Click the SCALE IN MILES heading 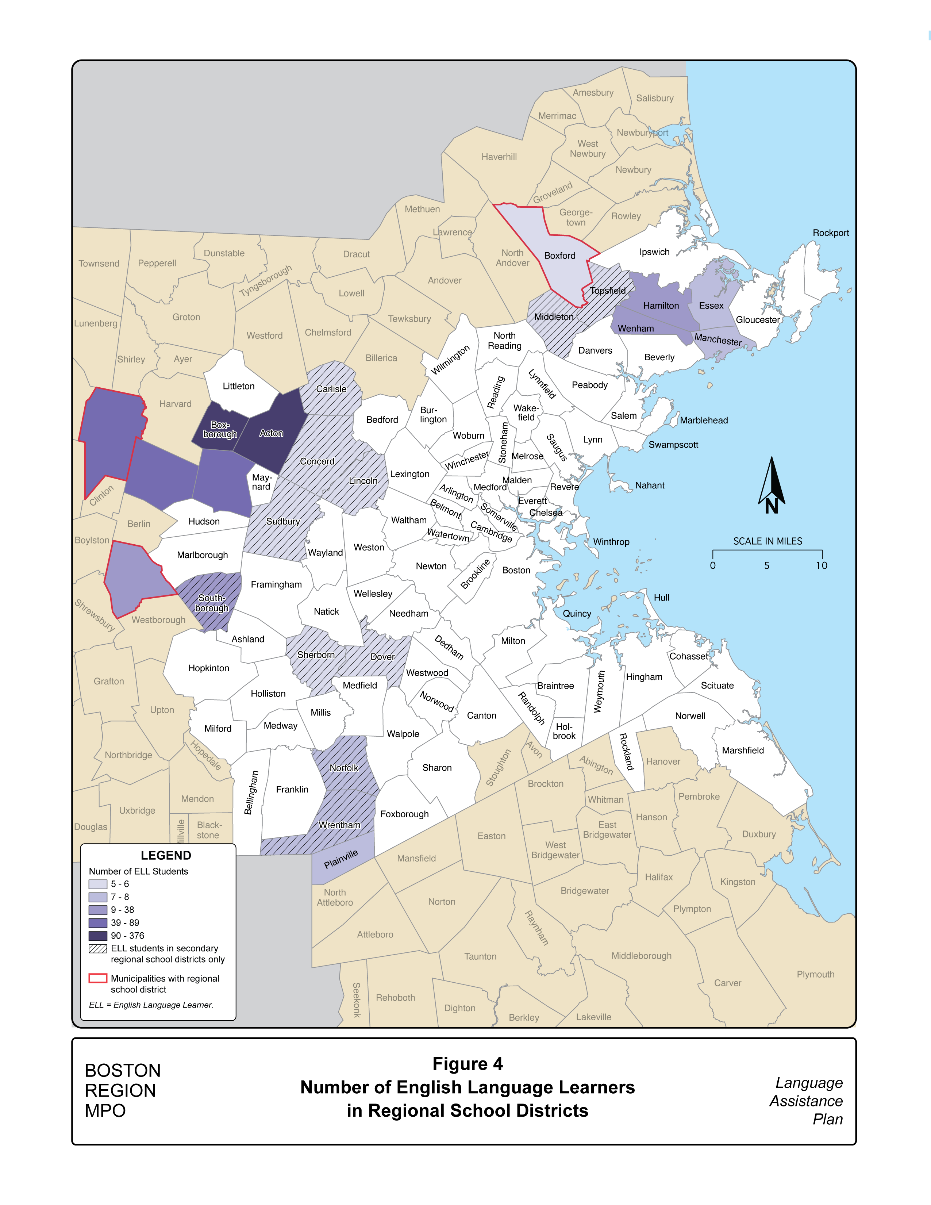tap(767, 541)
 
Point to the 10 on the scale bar tap(821, 565)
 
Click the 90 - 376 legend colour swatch tap(97, 936)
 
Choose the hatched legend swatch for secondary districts tap(97, 949)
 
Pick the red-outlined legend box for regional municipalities tap(97, 978)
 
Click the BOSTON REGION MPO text tap(122, 1091)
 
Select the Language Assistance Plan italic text tap(806, 1101)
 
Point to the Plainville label tap(341, 859)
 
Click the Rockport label tap(831, 233)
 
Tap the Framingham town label tap(276, 585)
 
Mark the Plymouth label tap(815, 974)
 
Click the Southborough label tap(212, 603)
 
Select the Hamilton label tap(661, 306)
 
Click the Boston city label tap(516, 571)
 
